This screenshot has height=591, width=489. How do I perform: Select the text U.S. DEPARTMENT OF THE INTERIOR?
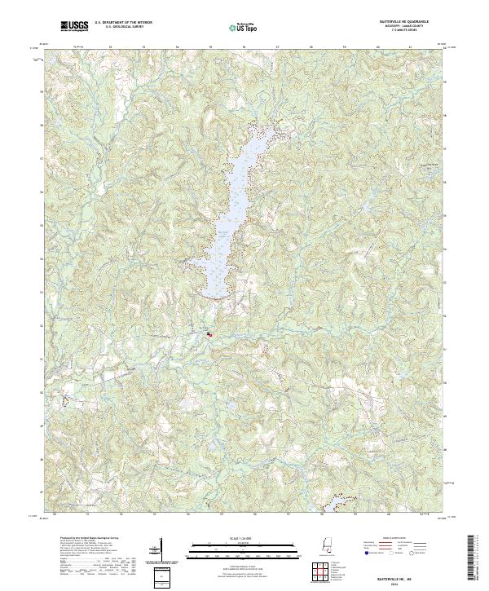(x=123, y=22)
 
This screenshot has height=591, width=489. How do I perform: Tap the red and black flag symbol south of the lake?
(x=209, y=333)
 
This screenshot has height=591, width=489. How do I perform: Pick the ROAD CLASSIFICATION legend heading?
(x=393, y=539)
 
